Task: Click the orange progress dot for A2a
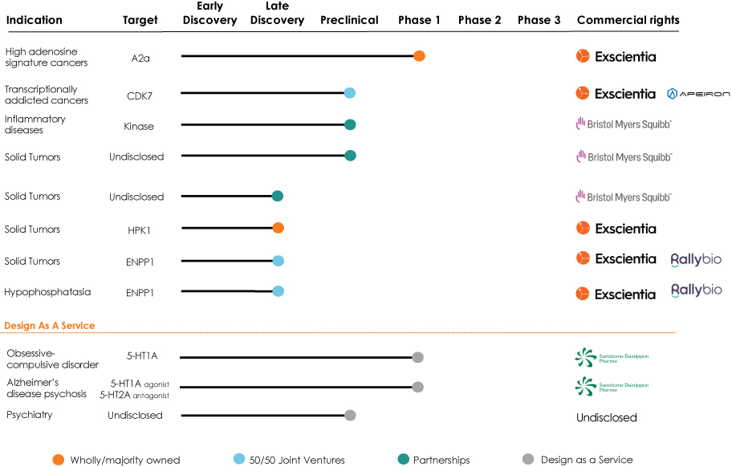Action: (x=419, y=56)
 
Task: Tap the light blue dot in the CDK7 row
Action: (x=350, y=93)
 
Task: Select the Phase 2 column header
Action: (x=479, y=20)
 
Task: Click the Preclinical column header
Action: (x=349, y=20)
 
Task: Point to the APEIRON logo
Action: (x=698, y=94)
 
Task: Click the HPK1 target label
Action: (x=139, y=230)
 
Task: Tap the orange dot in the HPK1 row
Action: (x=279, y=228)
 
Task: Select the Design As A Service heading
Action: (x=50, y=326)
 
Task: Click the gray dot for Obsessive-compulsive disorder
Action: (x=418, y=357)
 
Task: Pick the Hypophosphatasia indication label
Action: (x=47, y=292)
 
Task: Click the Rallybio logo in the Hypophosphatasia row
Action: (x=696, y=290)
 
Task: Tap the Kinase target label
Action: (x=139, y=127)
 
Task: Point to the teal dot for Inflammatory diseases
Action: (x=350, y=124)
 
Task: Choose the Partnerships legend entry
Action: (x=433, y=460)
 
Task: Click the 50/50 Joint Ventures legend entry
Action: (x=289, y=460)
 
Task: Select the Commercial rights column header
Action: (x=628, y=20)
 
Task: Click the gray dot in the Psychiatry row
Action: (x=350, y=415)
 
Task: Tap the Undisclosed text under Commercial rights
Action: (x=607, y=417)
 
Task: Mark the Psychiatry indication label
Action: (x=30, y=415)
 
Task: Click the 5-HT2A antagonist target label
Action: (x=135, y=395)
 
